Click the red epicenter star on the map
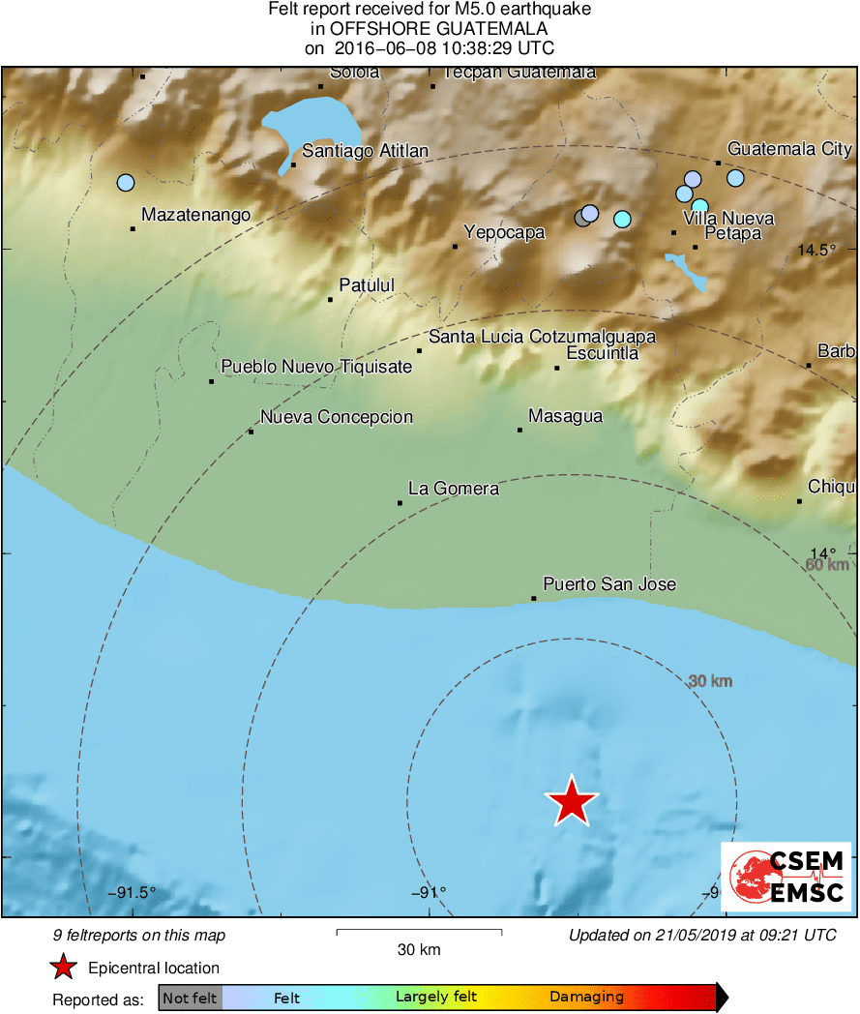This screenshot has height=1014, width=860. tap(572, 801)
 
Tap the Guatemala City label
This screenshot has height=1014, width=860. tap(789, 149)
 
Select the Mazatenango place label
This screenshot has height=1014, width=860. tap(195, 215)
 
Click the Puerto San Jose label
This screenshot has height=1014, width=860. tap(609, 584)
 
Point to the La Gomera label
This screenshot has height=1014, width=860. tap(454, 489)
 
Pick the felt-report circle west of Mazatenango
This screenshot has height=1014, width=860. tap(125, 182)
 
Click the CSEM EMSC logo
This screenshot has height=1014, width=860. tap(786, 876)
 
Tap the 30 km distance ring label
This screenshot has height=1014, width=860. tap(710, 681)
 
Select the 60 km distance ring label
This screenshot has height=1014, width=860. tap(827, 565)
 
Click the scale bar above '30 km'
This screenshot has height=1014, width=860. tap(419, 932)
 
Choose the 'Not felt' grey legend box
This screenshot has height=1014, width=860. tap(191, 998)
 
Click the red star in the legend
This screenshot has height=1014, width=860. tap(64, 967)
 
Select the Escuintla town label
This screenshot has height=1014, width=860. tap(602, 353)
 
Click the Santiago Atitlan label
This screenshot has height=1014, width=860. tap(365, 151)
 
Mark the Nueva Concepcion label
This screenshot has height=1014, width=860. tap(337, 417)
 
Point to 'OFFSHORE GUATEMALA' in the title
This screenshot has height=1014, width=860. tap(430, 28)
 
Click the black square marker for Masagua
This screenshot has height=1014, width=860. tap(519, 429)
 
